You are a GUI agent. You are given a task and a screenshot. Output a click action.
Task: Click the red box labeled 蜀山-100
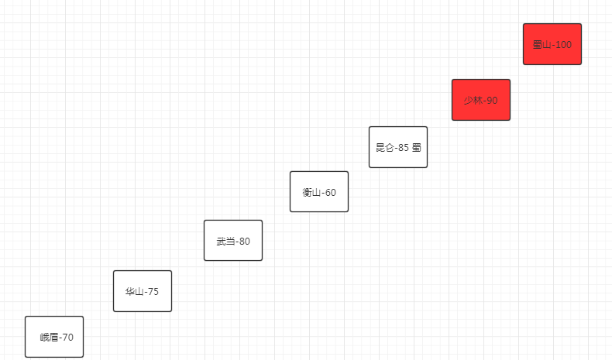pyautogui.click(x=552, y=44)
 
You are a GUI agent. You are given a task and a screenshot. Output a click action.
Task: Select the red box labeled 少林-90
pyautogui.click(x=481, y=100)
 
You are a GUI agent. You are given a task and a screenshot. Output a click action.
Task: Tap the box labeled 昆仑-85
pyautogui.click(x=398, y=147)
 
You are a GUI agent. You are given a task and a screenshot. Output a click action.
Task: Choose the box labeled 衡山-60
pyautogui.click(x=319, y=191)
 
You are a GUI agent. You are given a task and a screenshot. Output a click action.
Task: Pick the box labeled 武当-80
pyautogui.click(x=233, y=240)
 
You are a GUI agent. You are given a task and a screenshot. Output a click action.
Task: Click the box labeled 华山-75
pyautogui.click(x=143, y=291)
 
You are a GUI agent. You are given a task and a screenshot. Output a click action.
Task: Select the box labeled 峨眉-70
pyautogui.click(x=54, y=337)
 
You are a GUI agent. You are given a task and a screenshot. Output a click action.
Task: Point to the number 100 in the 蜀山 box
pyautogui.click(x=563, y=45)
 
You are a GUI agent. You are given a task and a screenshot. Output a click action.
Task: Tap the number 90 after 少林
pyautogui.click(x=492, y=101)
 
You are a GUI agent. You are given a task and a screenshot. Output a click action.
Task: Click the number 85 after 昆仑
pyautogui.click(x=403, y=148)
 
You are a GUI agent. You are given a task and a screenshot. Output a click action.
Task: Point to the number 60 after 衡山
pyautogui.click(x=330, y=193)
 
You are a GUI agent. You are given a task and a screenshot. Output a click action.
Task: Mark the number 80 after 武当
pyautogui.click(x=244, y=242)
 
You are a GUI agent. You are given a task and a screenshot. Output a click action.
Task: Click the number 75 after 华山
pyautogui.click(x=153, y=292)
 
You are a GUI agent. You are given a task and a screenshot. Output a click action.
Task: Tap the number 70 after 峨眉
pyautogui.click(x=67, y=338)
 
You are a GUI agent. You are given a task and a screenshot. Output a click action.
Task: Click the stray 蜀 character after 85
pyautogui.click(x=417, y=148)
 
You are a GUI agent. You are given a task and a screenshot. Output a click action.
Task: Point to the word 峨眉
pyautogui.click(x=49, y=338)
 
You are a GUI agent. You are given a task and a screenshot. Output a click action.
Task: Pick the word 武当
pyautogui.click(x=225, y=242)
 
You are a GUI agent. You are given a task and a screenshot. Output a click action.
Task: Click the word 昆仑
pyautogui.click(x=384, y=148)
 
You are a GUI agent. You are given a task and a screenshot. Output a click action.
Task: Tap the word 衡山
pyautogui.click(x=311, y=193)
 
